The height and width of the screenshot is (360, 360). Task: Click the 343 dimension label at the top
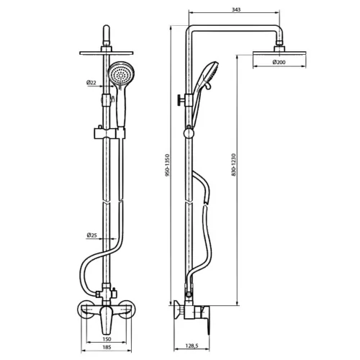236,9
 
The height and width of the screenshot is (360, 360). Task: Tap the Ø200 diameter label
279,62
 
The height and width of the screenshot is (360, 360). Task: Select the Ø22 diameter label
91,83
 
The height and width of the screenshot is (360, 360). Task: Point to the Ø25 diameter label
91,235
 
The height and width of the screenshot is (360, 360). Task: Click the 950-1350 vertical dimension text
168,166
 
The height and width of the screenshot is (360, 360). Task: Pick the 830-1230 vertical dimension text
234,165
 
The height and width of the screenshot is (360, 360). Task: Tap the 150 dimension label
107,339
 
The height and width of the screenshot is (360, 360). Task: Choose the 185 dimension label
107,347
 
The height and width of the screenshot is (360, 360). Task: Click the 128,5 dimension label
192,346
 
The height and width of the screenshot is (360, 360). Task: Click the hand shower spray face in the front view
121,73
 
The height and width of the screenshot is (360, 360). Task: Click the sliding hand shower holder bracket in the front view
109,132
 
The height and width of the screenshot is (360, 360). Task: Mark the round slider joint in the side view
189,133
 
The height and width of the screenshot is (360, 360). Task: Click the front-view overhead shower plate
107,53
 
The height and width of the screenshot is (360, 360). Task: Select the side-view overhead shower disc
279,53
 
